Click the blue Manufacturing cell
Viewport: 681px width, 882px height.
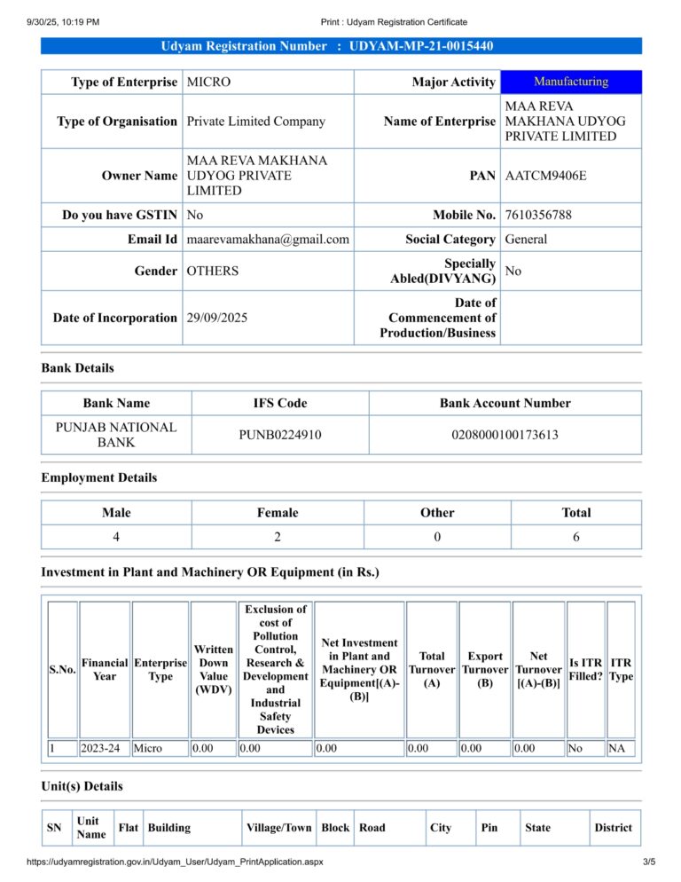(x=571, y=82)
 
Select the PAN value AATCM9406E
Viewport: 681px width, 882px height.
(x=545, y=176)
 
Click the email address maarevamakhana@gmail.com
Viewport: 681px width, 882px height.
(x=268, y=240)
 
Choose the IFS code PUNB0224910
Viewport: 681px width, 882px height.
(x=280, y=435)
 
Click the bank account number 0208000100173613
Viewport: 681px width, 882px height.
(x=505, y=435)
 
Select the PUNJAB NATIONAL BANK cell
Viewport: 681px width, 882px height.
(x=116, y=434)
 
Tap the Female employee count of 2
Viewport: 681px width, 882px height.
(x=278, y=537)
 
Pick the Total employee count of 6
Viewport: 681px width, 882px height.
(x=575, y=537)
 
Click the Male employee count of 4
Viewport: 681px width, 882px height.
(x=116, y=537)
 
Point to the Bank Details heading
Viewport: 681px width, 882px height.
(x=77, y=367)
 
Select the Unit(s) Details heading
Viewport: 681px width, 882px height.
(x=82, y=786)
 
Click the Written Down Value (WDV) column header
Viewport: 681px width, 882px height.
(x=214, y=670)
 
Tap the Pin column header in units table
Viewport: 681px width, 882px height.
(x=489, y=828)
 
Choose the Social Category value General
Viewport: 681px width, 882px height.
(x=526, y=240)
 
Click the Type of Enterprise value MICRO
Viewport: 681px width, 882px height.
(x=208, y=83)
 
